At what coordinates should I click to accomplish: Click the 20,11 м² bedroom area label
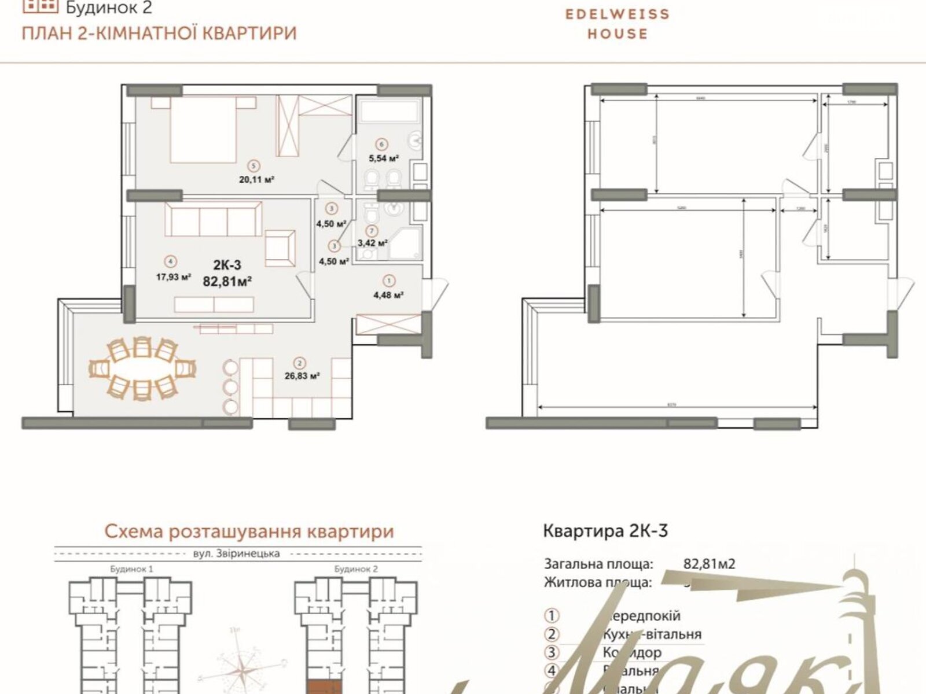coord(256,179)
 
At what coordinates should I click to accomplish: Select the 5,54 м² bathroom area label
coord(384,157)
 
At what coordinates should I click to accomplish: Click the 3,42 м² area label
coord(372,243)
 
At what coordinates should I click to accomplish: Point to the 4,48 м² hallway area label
coord(388,294)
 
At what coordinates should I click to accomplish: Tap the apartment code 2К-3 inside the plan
coord(227,265)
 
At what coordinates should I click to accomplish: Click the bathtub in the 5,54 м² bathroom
coord(389,110)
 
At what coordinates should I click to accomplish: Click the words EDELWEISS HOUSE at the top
coord(617,24)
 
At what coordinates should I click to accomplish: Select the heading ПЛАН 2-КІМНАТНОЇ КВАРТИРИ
coord(159,33)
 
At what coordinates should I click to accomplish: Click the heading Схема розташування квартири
coord(249,531)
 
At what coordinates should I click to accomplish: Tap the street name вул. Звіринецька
coord(236,553)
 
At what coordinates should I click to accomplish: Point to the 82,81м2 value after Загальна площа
coord(709,564)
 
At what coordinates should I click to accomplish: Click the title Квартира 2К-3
coord(605,531)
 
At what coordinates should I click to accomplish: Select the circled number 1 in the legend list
coord(552,616)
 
